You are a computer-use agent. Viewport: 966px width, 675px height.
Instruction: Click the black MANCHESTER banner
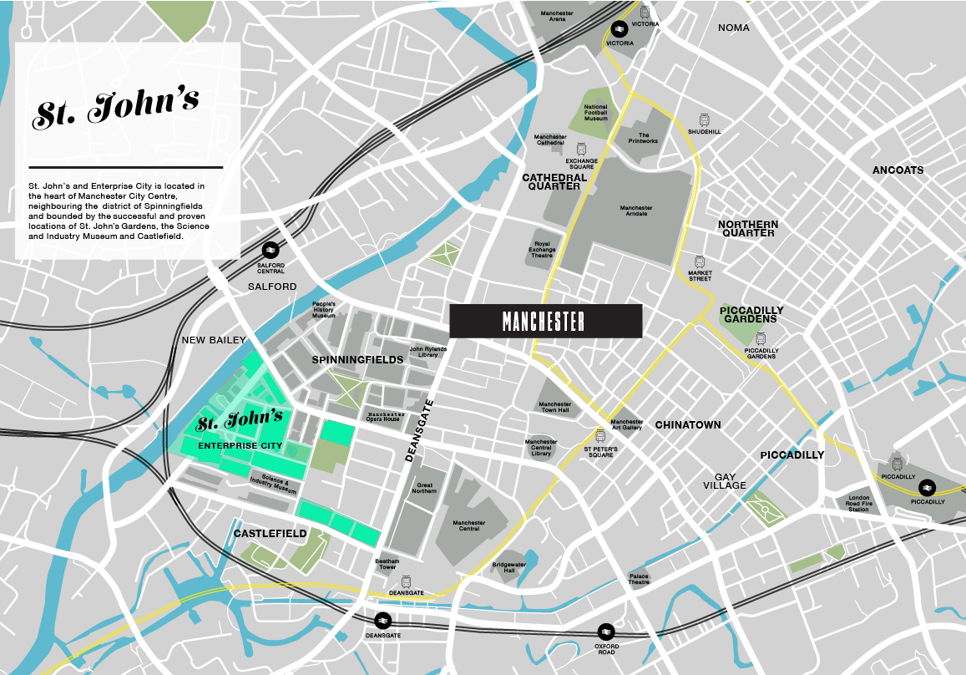point(545,321)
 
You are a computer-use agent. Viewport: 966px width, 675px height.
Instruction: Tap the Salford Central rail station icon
point(271,250)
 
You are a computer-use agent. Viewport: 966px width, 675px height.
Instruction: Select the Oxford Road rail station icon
point(606,632)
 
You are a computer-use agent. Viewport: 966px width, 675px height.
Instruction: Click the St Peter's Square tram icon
point(599,436)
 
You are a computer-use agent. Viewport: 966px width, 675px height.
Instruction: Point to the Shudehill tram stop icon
point(705,120)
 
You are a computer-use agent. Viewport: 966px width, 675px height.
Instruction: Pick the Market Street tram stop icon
point(700,261)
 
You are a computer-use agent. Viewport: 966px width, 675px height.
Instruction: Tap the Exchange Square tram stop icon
point(581,148)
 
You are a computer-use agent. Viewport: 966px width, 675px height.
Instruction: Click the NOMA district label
point(734,28)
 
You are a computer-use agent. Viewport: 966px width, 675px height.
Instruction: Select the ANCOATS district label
point(898,170)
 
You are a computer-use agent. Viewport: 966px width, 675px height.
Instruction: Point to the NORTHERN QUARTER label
point(748,229)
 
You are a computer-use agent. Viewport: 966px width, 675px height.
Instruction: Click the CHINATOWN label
point(687,425)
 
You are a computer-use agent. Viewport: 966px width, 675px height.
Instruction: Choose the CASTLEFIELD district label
point(270,533)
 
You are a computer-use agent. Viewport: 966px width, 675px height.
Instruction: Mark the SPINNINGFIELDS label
point(357,360)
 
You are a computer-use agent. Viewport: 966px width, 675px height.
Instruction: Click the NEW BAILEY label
point(215,340)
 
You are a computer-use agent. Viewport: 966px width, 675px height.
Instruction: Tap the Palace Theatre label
point(639,579)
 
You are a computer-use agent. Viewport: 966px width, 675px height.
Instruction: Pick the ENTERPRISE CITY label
point(240,446)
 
